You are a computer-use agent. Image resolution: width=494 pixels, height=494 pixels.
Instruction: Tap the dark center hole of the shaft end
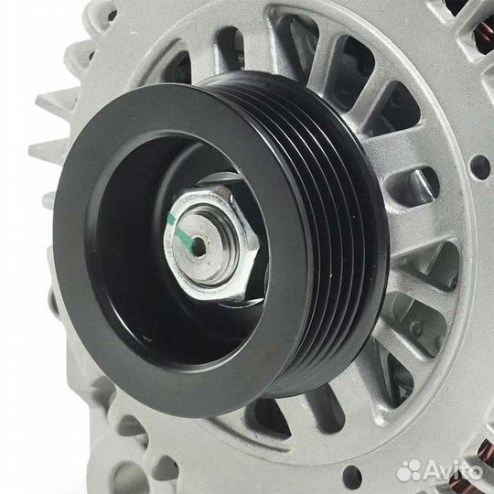click(x=199, y=247)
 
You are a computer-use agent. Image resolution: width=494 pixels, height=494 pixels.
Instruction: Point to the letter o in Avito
click(x=472, y=473)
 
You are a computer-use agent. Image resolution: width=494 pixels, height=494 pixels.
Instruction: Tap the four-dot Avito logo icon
click(x=409, y=471)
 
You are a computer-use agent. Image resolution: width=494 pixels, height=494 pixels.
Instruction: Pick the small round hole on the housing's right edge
click(x=479, y=167)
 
